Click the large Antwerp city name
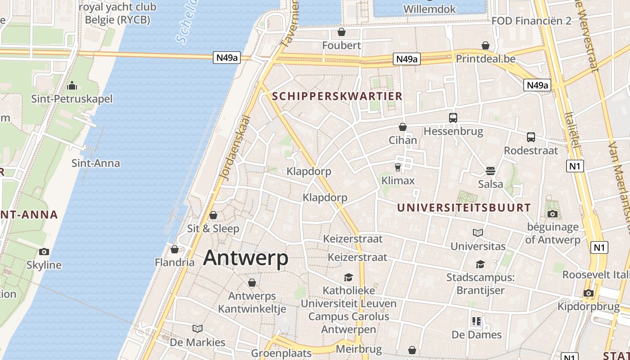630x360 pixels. pyautogui.click(x=246, y=258)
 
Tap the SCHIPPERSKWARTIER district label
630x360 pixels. pyautogui.click(x=337, y=96)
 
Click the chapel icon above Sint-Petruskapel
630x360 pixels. pyautogui.click(x=72, y=86)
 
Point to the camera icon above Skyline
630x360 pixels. pyautogui.click(x=44, y=252)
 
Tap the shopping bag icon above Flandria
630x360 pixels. pyautogui.click(x=175, y=249)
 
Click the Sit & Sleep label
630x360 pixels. pyautogui.click(x=213, y=228)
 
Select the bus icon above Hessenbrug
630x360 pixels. pyautogui.click(x=453, y=118)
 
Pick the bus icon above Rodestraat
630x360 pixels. pyautogui.click(x=531, y=137)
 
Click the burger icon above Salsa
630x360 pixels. pyautogui.click(x=490, y=171)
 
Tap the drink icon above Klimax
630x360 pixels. pyautogui.click(x=398, y=167)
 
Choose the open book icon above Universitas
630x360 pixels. pyautogui.click(x=478, y=233)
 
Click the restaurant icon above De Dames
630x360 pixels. pyautogui.click(x=477, y=321)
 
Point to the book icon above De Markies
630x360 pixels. pyautogui.click(x=197, y=328)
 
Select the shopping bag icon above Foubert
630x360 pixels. pyautogui.click(x=342, y=32)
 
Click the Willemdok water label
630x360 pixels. pyautogui.click(x=429, y=9)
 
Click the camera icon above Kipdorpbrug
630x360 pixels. pyautogui.click(x=589, y=293)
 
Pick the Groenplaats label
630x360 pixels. pyautogui.click(x=281, y=353)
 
